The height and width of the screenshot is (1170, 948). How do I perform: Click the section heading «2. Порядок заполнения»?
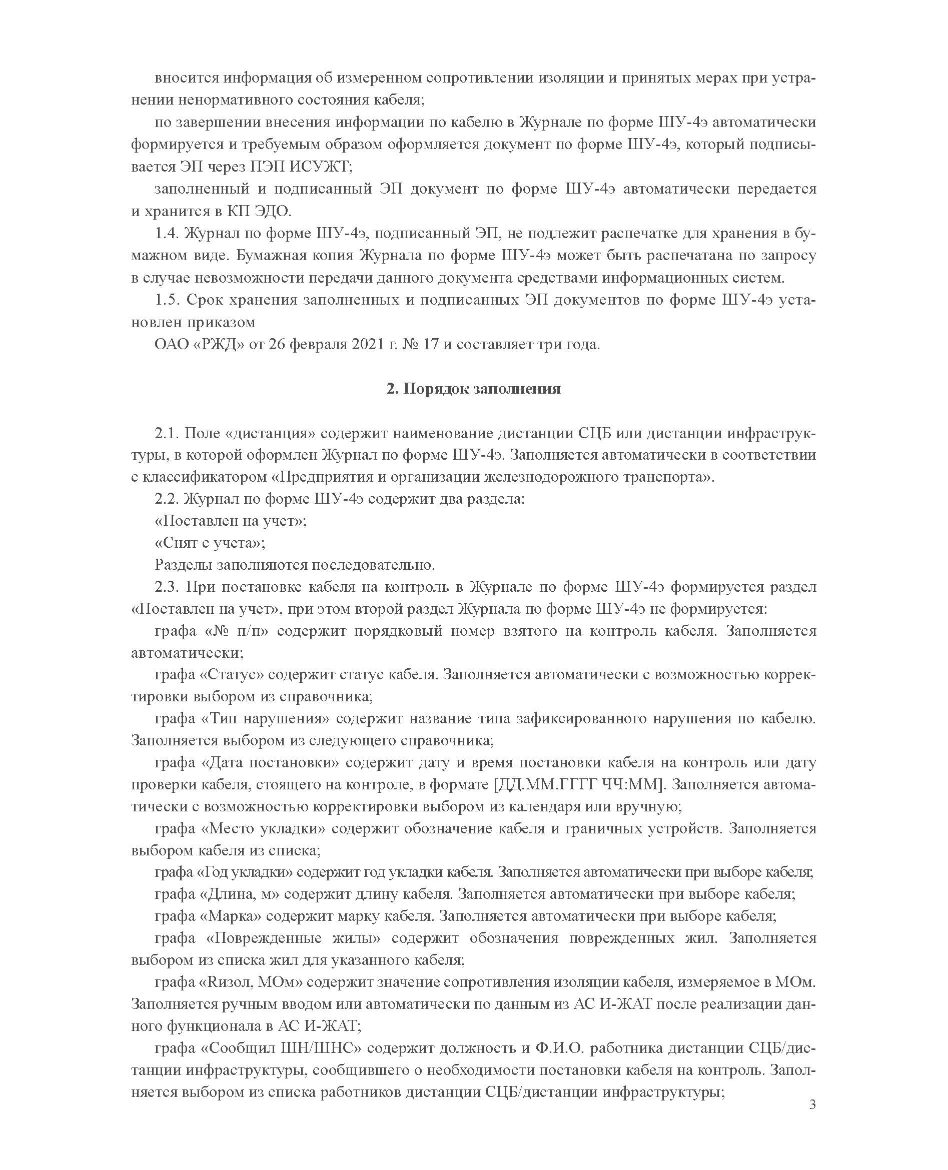pyautogui.click(x=473, y=389)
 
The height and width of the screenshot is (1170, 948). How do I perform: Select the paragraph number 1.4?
pyautogui.click(x=167, y=233)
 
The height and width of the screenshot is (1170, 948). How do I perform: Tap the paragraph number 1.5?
pyautogui.click(x=167, y=300)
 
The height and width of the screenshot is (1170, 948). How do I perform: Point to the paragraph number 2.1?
pyautogui.click(x=167, y=433)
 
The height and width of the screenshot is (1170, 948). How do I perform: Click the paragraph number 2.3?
pyautogui.click(x=167, y=587)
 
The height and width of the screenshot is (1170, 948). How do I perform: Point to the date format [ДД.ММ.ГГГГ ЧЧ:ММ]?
pyautogui.click(x=579, y=784)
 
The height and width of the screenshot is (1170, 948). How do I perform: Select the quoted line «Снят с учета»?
pyautogui.click(x=210, y=543)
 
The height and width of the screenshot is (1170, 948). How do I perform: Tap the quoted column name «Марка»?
pyautogui.click(x=231, y=915)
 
